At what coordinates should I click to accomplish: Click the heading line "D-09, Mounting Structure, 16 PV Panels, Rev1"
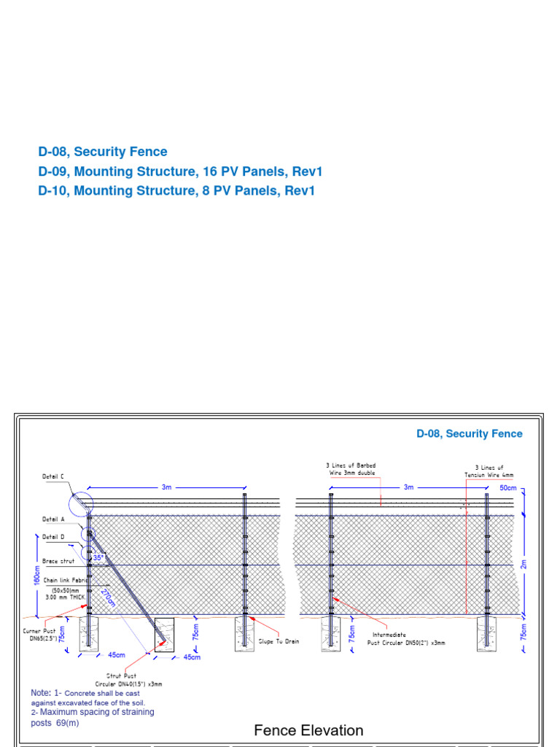(180, 172)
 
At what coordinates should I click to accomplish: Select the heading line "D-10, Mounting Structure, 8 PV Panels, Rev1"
(177, 191)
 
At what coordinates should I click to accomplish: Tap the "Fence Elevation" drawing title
(308, 730)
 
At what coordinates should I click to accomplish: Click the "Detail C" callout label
(52, 476)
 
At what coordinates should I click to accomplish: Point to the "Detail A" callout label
(52, 519)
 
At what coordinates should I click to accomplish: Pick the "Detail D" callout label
(52, 537)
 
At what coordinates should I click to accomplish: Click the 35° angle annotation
(98, 557)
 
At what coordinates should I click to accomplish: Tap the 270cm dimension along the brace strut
(109, 597)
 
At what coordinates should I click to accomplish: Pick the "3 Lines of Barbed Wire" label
(351, 469)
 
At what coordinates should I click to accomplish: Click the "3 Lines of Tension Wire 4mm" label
(489, 471)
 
